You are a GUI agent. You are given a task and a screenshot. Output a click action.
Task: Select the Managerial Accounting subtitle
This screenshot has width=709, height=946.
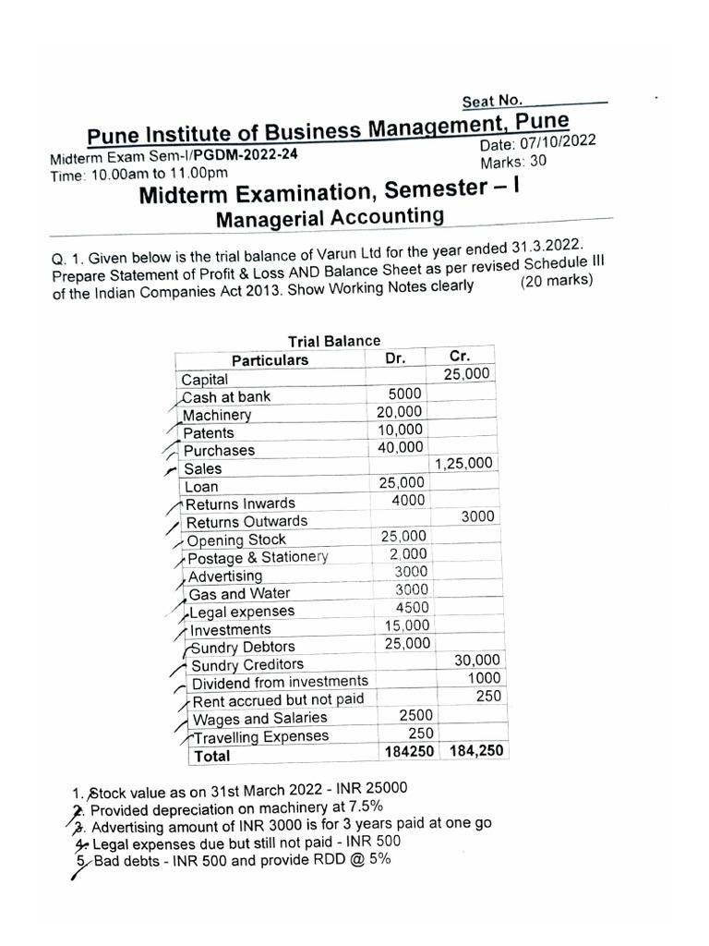tap(329, 217)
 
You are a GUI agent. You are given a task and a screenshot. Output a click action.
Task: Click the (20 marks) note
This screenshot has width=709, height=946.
tap(556, 281)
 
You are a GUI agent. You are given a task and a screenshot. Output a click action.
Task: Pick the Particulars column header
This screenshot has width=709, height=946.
tap(270, 359)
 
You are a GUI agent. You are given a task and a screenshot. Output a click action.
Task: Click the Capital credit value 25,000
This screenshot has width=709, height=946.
tap(469, 374)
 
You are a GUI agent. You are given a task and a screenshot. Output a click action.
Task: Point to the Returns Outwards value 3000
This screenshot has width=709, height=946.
tap(478, 516)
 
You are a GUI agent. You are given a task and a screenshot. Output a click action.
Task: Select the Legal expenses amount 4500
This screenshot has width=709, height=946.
tap(412, 608)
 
